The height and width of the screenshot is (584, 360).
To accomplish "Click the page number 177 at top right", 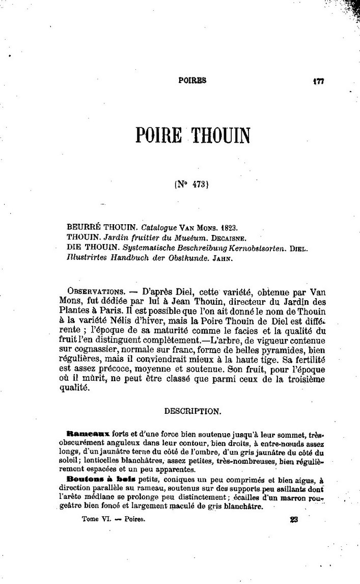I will click(x=319, y=81).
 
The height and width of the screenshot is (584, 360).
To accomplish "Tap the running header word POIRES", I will click(x=192, y=80).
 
